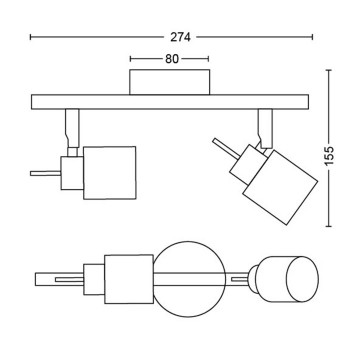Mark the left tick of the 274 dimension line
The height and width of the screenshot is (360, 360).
pos(31,36)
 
